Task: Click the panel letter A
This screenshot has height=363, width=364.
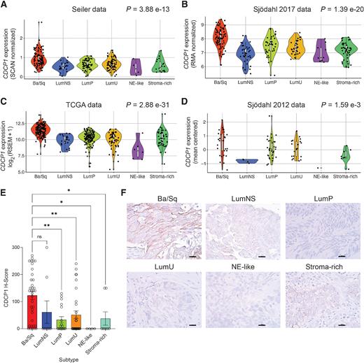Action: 6,6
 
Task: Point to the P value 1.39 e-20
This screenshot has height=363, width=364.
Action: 332,8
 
